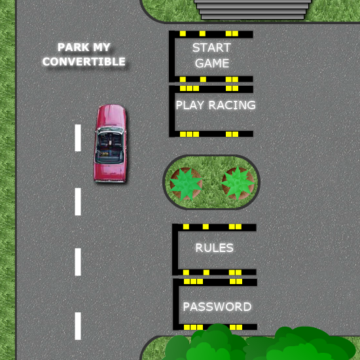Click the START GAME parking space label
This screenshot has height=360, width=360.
[211, 56]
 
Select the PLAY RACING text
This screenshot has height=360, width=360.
[215, 105]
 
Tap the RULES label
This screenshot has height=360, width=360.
[214, 247]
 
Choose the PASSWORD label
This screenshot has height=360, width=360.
[217, 307]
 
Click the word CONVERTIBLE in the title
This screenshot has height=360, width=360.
[84, 62]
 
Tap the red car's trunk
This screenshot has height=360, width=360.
[110, 172]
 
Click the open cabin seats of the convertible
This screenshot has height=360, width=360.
[110, 146]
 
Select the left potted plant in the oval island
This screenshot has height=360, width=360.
[186, 183]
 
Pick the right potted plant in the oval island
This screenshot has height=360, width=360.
[238, 183]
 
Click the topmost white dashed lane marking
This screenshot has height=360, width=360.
[78, 137]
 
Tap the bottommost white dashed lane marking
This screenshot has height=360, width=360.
[78, 326]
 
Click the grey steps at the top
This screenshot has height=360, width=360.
[253, 9]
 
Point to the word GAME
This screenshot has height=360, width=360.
[212, 63]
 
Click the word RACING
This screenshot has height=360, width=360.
[232, 105]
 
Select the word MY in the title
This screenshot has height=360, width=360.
[101, 47]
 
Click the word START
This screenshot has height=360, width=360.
[211, 48]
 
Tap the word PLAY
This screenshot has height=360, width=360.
[190, 105]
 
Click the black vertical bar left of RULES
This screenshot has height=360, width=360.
[175, 249]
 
